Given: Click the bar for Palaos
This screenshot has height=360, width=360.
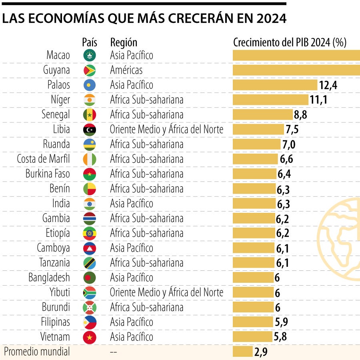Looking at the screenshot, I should point(275,85).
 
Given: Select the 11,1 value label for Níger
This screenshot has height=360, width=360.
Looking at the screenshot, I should point(318,100).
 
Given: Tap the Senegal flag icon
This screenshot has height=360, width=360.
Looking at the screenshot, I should point(90,115).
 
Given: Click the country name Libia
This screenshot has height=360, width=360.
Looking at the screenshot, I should point(61,129).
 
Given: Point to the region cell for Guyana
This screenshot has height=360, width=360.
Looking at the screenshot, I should point(126,70).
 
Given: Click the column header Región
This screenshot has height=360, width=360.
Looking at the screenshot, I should point(124,42).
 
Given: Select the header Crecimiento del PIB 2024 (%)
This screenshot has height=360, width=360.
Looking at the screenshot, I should point(290,42).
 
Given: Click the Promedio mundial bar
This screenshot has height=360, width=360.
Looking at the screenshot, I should point(242,352).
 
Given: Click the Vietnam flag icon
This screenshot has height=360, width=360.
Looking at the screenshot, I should point(90,337).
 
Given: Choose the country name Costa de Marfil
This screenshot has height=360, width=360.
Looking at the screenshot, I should point(43,159).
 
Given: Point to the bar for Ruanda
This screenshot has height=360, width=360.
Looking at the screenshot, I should point(257,144).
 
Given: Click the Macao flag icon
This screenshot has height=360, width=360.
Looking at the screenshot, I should point(90,55).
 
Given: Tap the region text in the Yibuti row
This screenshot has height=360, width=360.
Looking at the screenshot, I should point(166,292).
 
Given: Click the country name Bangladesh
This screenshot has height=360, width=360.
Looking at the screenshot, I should point(49,277).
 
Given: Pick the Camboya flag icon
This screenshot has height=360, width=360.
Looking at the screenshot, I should point(90,248).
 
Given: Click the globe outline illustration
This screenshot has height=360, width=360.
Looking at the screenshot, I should point(340,240).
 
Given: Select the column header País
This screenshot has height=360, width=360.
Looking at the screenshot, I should point(90,42).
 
